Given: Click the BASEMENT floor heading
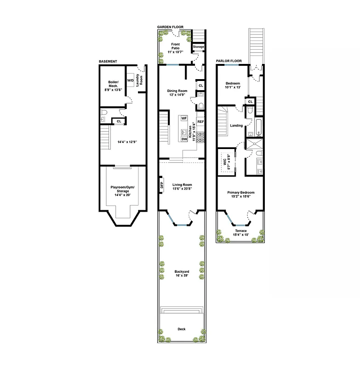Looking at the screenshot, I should point(108,61).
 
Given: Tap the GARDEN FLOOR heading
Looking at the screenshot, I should point(170,27).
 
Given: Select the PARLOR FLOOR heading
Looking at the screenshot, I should point(229,61).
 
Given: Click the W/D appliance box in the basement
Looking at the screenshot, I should point(130,80).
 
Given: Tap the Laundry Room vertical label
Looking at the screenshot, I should point(142,79).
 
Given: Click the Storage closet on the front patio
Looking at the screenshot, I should point(198,47).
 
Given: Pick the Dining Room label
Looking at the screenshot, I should point(177,93).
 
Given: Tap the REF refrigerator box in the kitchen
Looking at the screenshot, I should point(200,122).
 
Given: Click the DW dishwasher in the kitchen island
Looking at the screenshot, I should point(184,139).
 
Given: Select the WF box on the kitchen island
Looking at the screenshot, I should point(184,118).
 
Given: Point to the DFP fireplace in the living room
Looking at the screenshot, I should point(162,186).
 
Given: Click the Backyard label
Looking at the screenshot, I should point(182,274).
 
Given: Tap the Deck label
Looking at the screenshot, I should point(182,329).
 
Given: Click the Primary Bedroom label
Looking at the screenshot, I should point(240,195).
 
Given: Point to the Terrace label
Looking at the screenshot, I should point(240,233).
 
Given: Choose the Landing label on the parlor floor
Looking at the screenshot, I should point(236,125).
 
